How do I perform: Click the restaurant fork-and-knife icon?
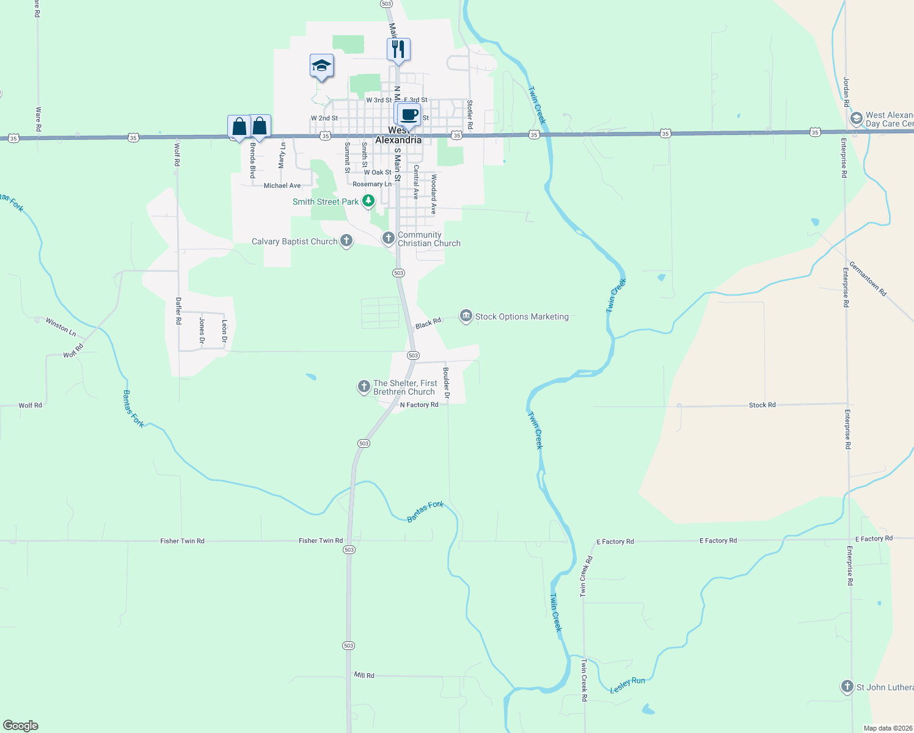click(398, 49)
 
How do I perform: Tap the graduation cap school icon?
click(321, 66)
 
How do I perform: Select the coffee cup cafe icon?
click(409, 114)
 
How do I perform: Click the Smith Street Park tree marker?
click(368, 201)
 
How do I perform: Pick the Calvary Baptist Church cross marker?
click(346, 241)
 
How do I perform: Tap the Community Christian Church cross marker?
click(389, 238)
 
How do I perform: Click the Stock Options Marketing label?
click(522, 316)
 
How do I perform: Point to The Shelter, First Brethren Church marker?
click(364, 386)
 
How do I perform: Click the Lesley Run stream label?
click(627, 685)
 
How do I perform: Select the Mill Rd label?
click(364, 675)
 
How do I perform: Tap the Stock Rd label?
click(762, 405)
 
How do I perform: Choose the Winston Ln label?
click(60, 327)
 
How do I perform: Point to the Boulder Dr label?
click(447, 383)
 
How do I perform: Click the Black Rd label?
click(428, 323)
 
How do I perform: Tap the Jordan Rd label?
click(846, 92)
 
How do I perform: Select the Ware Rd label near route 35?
click(38, 119)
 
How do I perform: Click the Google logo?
click(21, 726)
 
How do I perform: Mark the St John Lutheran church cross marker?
click(847, 687)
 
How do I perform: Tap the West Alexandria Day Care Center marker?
click(857, 118)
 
